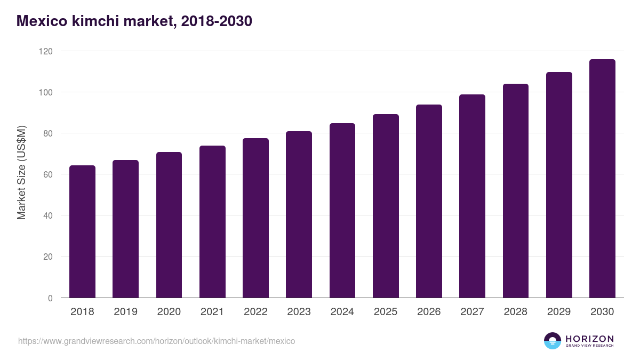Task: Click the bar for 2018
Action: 82,231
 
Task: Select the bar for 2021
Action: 212,222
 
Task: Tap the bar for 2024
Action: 342,211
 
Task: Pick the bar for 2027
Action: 473,196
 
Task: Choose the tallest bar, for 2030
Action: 602,179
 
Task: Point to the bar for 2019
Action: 125,229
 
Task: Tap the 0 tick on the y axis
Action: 50,298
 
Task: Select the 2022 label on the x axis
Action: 255,312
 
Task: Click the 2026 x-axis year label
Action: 429,312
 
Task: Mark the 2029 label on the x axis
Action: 559,312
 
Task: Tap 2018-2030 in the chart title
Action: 216,21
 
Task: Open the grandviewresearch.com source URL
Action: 156,341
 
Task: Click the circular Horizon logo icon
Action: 553,341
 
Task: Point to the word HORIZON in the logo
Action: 589,339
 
